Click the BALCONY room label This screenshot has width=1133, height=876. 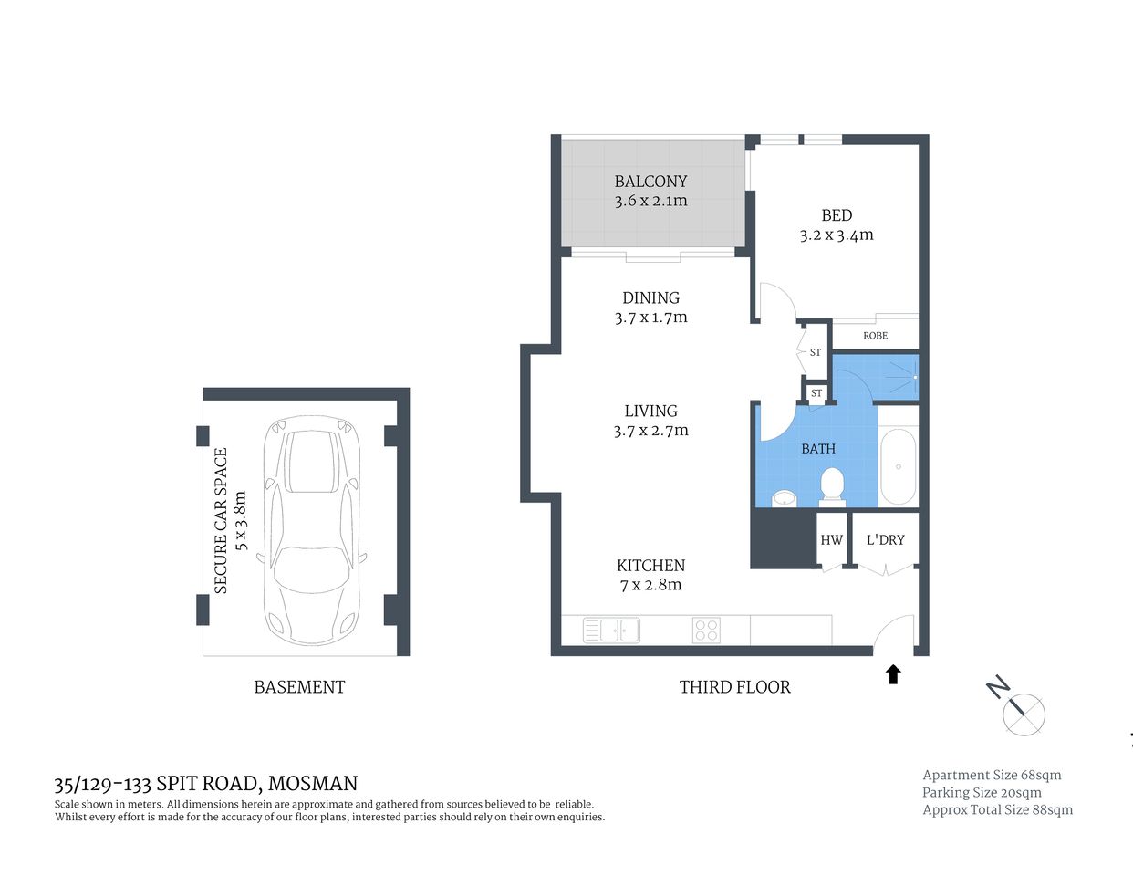650,182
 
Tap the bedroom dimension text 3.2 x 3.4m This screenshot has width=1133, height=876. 837,235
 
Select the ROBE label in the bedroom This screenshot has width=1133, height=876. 875,336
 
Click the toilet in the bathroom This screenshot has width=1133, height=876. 832,485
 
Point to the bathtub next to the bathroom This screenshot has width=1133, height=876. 899,466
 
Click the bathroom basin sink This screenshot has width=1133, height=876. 784,498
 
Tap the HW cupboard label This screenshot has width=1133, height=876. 831,540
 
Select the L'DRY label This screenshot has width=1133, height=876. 885,540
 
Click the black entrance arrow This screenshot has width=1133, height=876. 893,674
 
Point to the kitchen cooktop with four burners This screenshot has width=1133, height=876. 706,631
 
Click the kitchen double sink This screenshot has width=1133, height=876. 611,631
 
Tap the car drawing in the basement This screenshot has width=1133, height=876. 312,530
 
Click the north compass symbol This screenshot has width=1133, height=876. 1023,713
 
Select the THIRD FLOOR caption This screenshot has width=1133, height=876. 734,687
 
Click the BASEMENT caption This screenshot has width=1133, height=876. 299,687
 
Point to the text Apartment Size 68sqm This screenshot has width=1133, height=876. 992,775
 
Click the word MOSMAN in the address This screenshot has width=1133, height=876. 313,783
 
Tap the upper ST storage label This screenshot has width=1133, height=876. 815,352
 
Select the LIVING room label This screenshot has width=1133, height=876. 650,412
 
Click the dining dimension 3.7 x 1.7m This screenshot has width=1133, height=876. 650,318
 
